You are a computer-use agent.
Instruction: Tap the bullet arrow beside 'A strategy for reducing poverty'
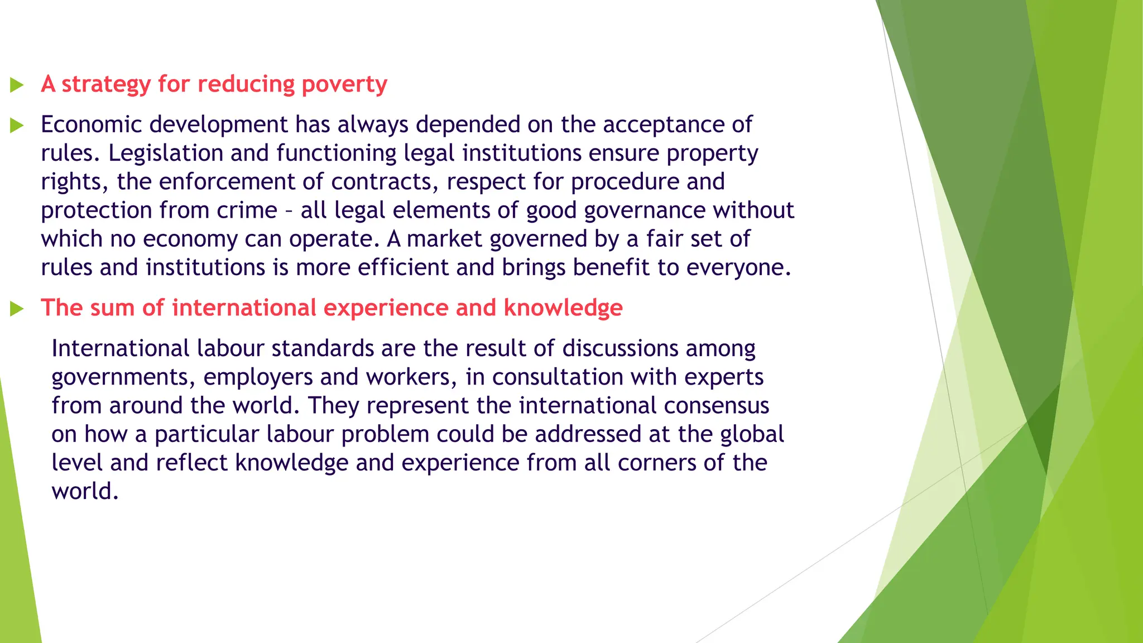click(17, 85)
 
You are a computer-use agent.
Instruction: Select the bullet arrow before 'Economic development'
click(17, 126)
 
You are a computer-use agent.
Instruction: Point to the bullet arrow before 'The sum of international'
click(17, 309)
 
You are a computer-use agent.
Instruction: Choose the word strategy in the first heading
click(106, 84)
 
